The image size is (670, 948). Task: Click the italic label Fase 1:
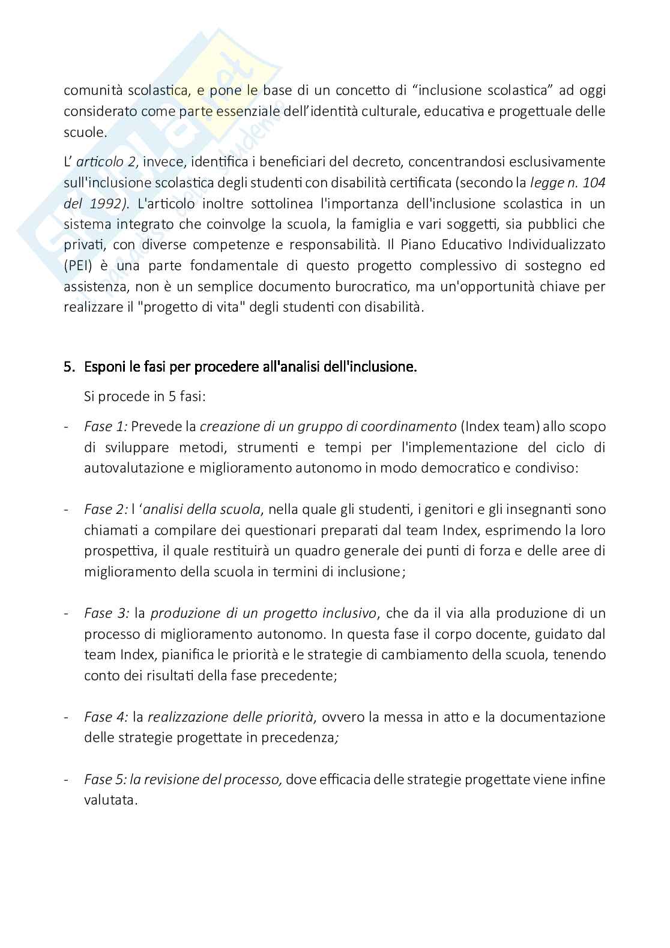click(106, 427)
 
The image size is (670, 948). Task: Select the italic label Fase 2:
click(106, 510)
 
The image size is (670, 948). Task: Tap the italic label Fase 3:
click(106, 614)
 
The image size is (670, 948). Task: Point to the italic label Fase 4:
click(106, 717)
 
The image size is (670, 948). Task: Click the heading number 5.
click(68, 367)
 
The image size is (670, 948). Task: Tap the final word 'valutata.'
click(111, 800)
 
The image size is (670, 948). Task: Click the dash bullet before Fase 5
click(66, 780)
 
